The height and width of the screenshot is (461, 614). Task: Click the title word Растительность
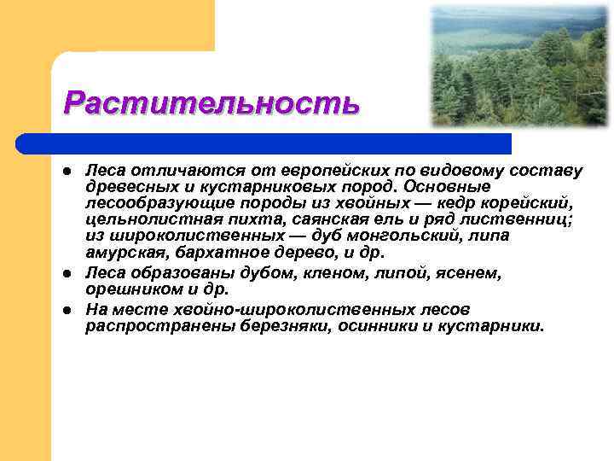coord(211,103)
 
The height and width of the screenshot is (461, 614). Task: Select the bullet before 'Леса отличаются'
coord(67,172)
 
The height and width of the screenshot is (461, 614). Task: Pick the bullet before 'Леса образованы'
coord(67,274)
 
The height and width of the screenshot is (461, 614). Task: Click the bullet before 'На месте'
coord(67,310)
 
